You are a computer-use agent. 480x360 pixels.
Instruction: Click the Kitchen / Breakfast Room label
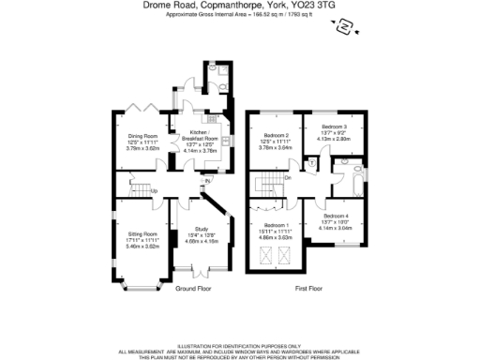click(x=203, y=135)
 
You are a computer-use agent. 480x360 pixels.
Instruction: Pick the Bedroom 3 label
click(x=334, y=127)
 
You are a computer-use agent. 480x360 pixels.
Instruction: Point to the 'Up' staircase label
click(x=153, y=192)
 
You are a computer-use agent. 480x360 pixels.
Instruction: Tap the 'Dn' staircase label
click(x=288, y=177)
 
